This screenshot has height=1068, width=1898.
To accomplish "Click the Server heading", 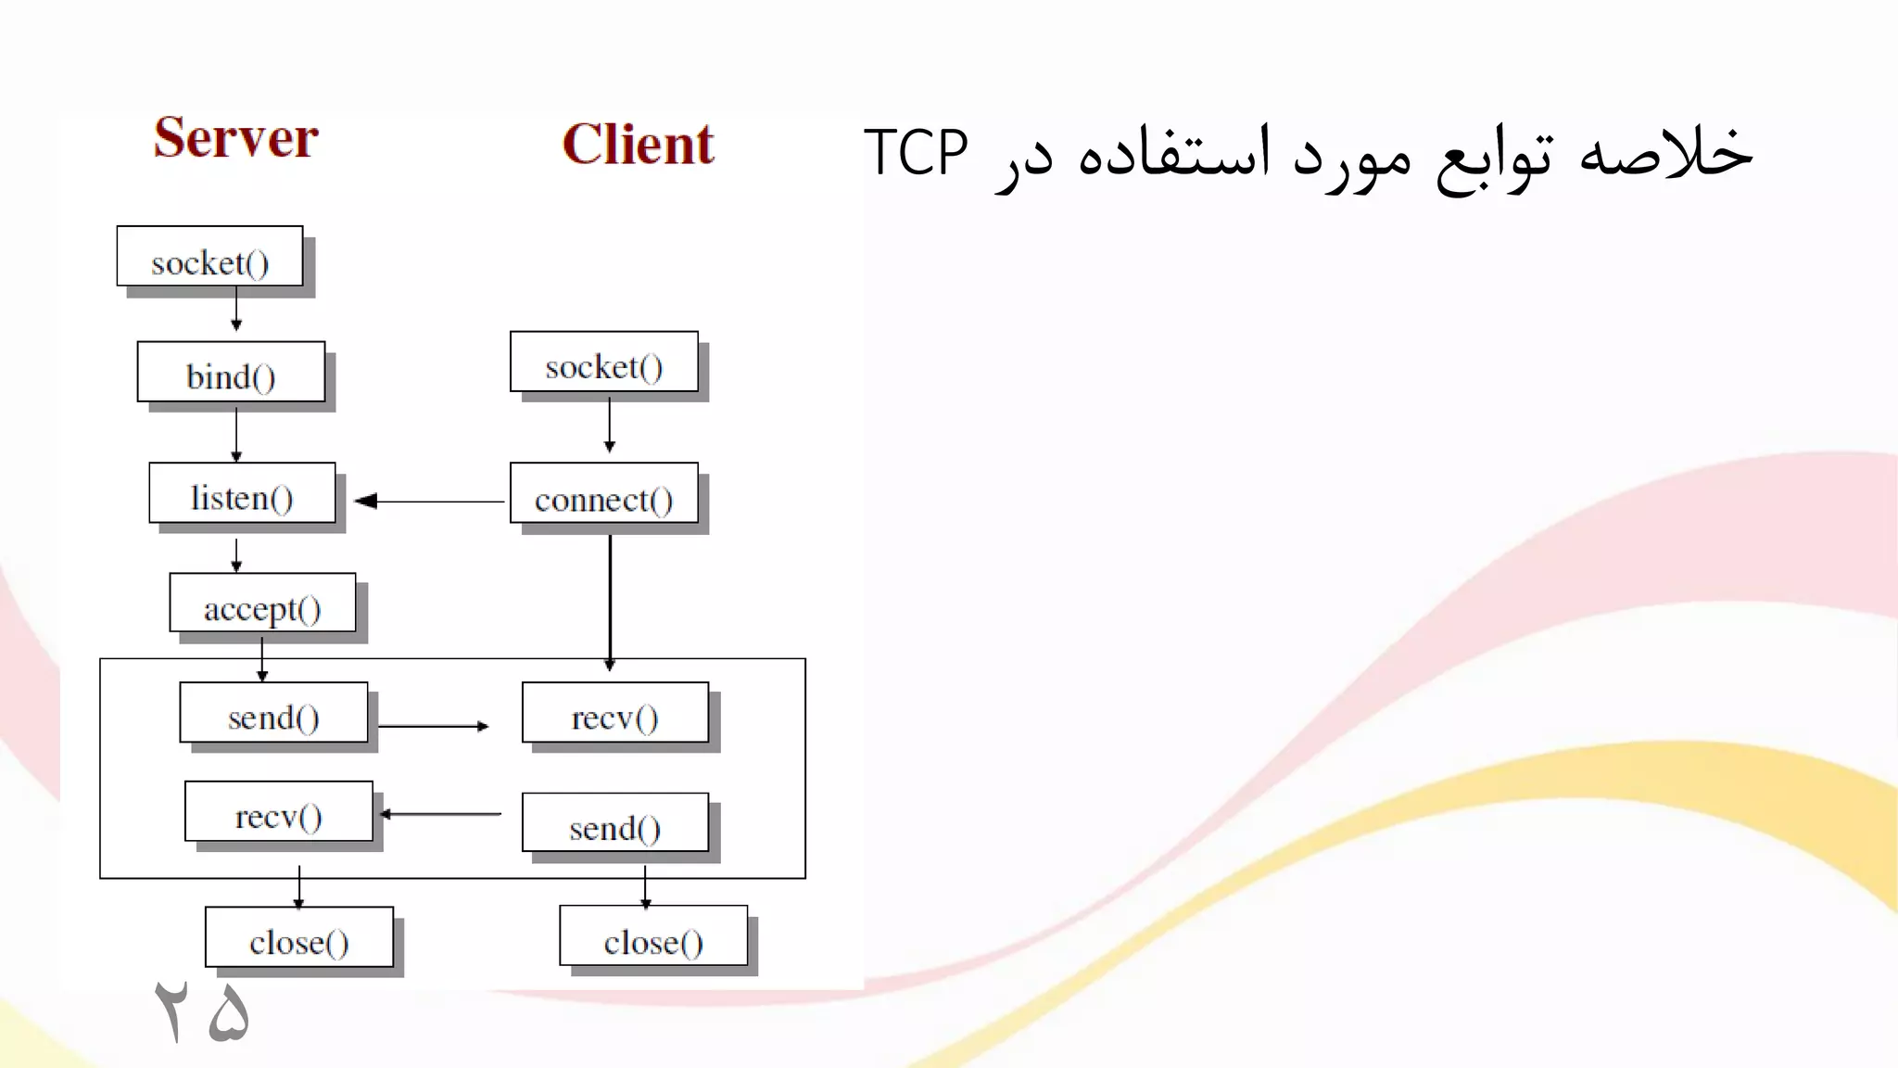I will (x=235, y=139).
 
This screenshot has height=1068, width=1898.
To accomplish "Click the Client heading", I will (x=638, y=145).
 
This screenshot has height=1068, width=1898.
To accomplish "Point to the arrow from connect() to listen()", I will (x=429, y=502).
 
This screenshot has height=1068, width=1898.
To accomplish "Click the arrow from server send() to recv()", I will (x=433, y=726).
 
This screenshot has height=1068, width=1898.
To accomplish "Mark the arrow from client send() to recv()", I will (x=440, y=814).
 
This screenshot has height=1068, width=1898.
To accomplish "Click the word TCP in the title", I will (x=916, y=153).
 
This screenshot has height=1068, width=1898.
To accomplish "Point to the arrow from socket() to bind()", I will (x=236, y=310).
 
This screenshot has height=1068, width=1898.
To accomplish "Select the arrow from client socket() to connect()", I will (x=609, y=424).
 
